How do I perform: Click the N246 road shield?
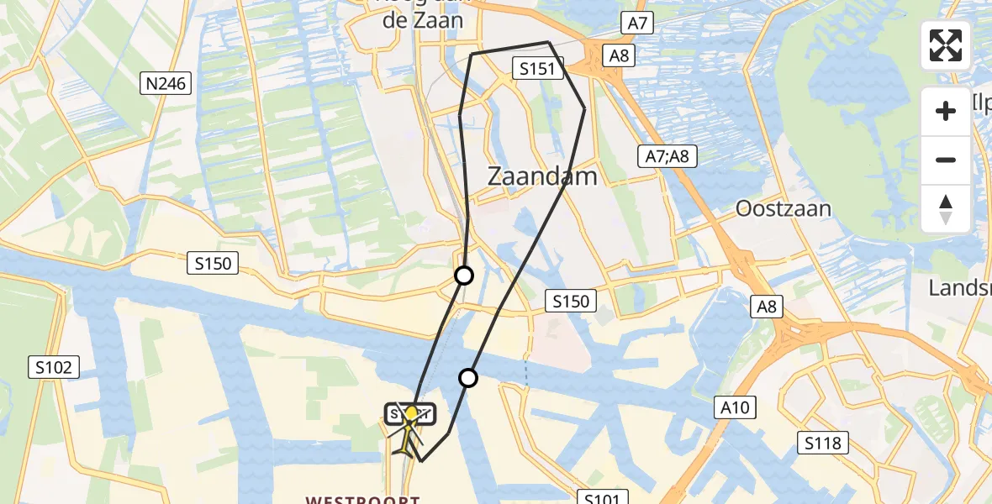(166, 82)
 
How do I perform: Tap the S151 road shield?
(537, 69)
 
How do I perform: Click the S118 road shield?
(822, 443)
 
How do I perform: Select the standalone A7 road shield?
(636, 24)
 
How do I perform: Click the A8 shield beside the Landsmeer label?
(766, 307)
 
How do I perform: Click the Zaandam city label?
(542, 176)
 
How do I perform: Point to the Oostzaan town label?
(783, 208)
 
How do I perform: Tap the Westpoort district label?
(362, 500)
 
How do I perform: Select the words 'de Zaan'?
(423, 21)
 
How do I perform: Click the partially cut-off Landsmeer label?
(959, 288)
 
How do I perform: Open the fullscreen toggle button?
(946, 45)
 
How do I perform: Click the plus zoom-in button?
(946, 111)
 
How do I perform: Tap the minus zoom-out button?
(946, 160)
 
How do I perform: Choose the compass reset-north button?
(946, 208)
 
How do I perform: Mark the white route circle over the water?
(468, 378)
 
